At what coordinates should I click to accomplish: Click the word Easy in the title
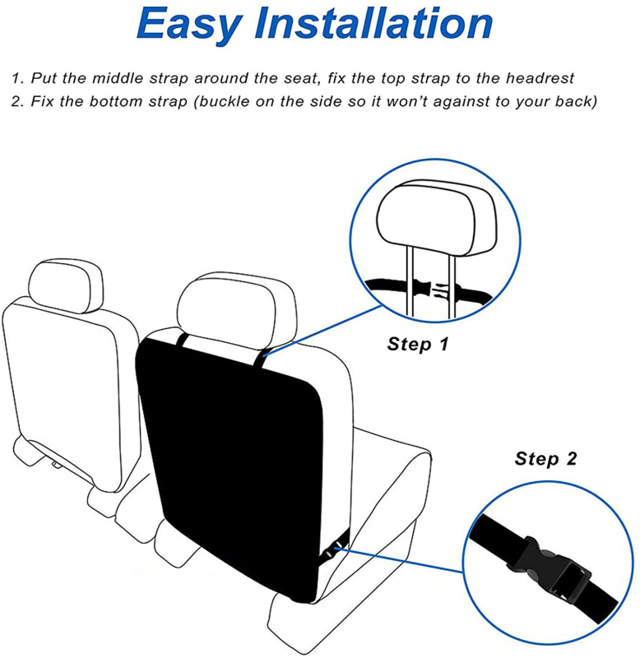click(x=190, y=25)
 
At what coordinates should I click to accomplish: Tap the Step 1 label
click(x=418, y=344)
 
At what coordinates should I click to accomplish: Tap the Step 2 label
click(x=545, y=458)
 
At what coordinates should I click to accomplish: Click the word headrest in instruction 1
click(x=540, y=78)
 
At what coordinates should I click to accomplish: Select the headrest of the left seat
click(x=67, y=285)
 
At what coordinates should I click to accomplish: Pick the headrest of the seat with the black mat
click(x=236, y=310)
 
